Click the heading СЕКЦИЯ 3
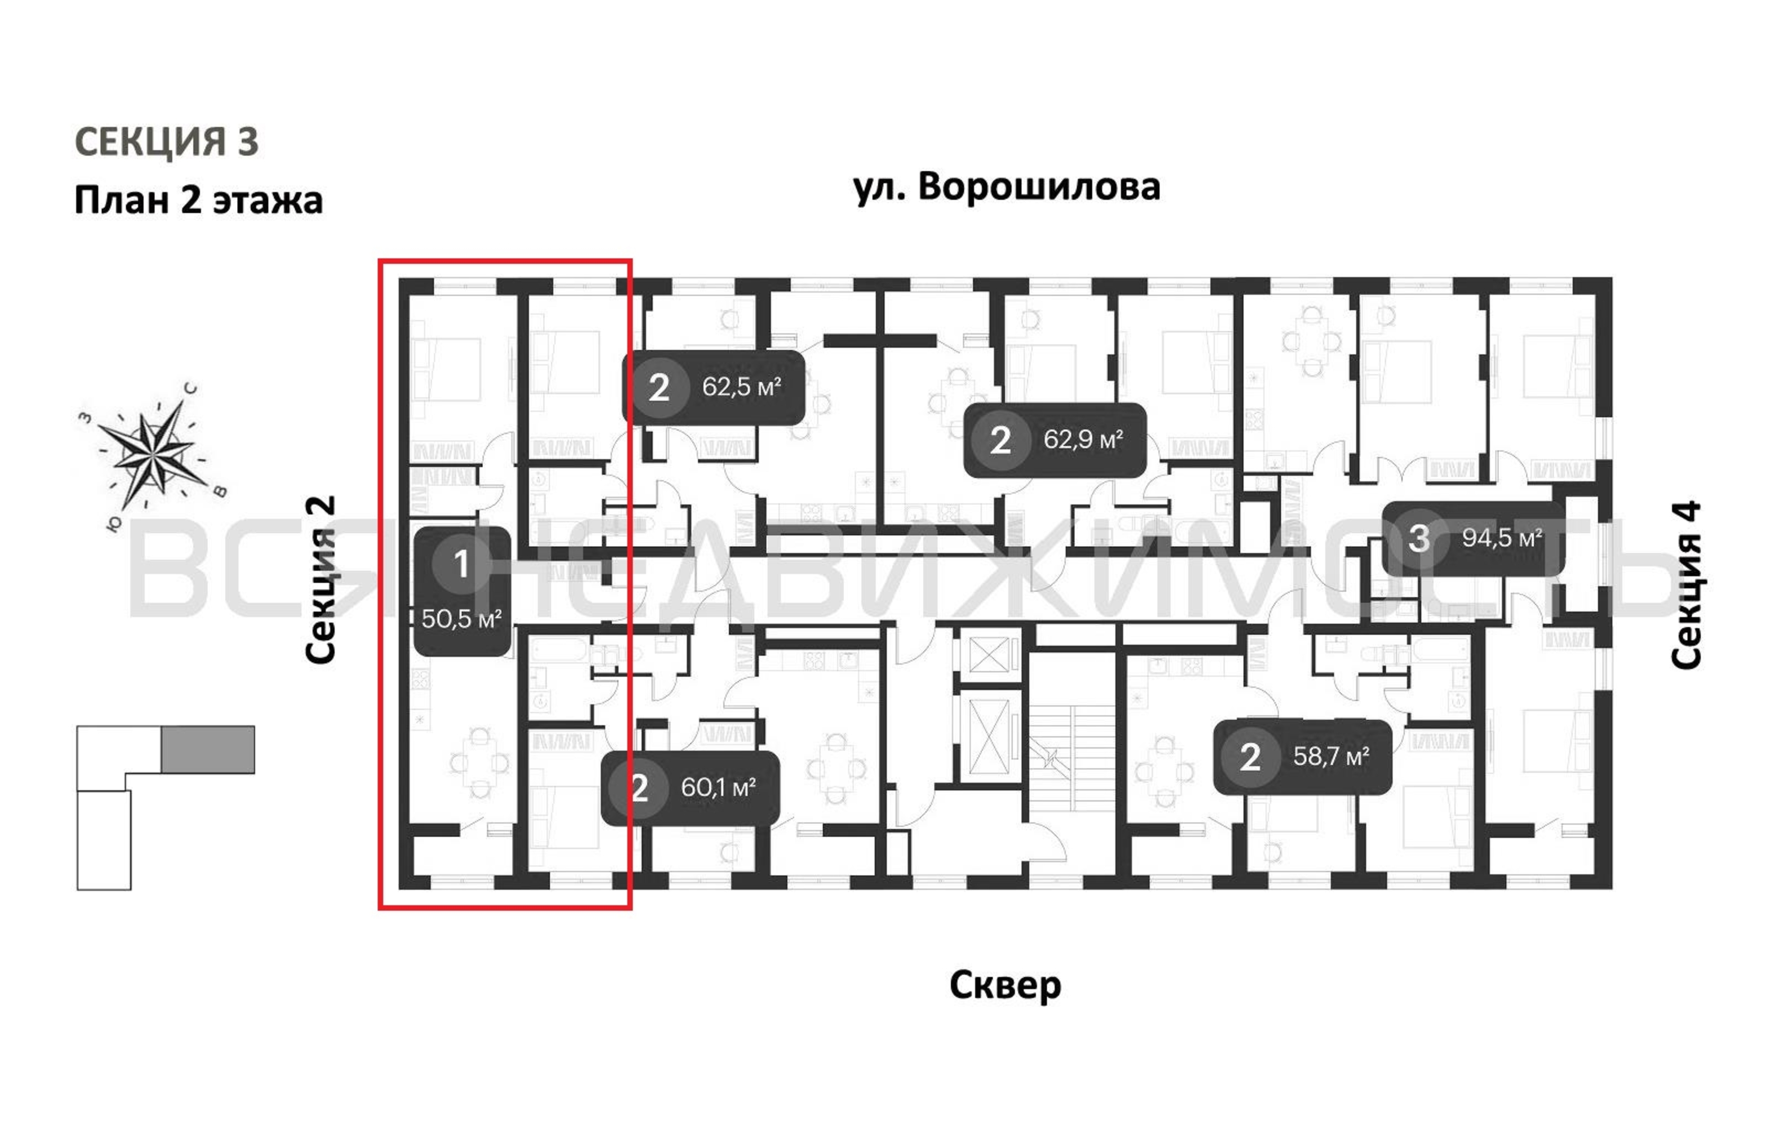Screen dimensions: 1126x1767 point(167,141)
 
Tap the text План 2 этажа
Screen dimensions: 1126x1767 point(198,200)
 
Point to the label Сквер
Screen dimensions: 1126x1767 point(1004,985)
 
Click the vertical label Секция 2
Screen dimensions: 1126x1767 point(321,579)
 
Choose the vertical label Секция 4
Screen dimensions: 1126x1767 point(1685,584)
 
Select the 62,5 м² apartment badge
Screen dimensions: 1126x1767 point(713,387)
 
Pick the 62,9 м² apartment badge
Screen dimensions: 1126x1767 point(1054,439)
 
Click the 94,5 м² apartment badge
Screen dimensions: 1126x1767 point(1473,538)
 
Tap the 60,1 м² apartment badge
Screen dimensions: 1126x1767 point(690,788)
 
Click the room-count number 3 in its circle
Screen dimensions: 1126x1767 point(1418,538)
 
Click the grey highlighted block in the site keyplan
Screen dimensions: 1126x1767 point(208,749)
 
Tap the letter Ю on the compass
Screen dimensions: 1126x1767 point(114,522)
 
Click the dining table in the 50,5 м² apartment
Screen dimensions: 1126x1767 point(479,763)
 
